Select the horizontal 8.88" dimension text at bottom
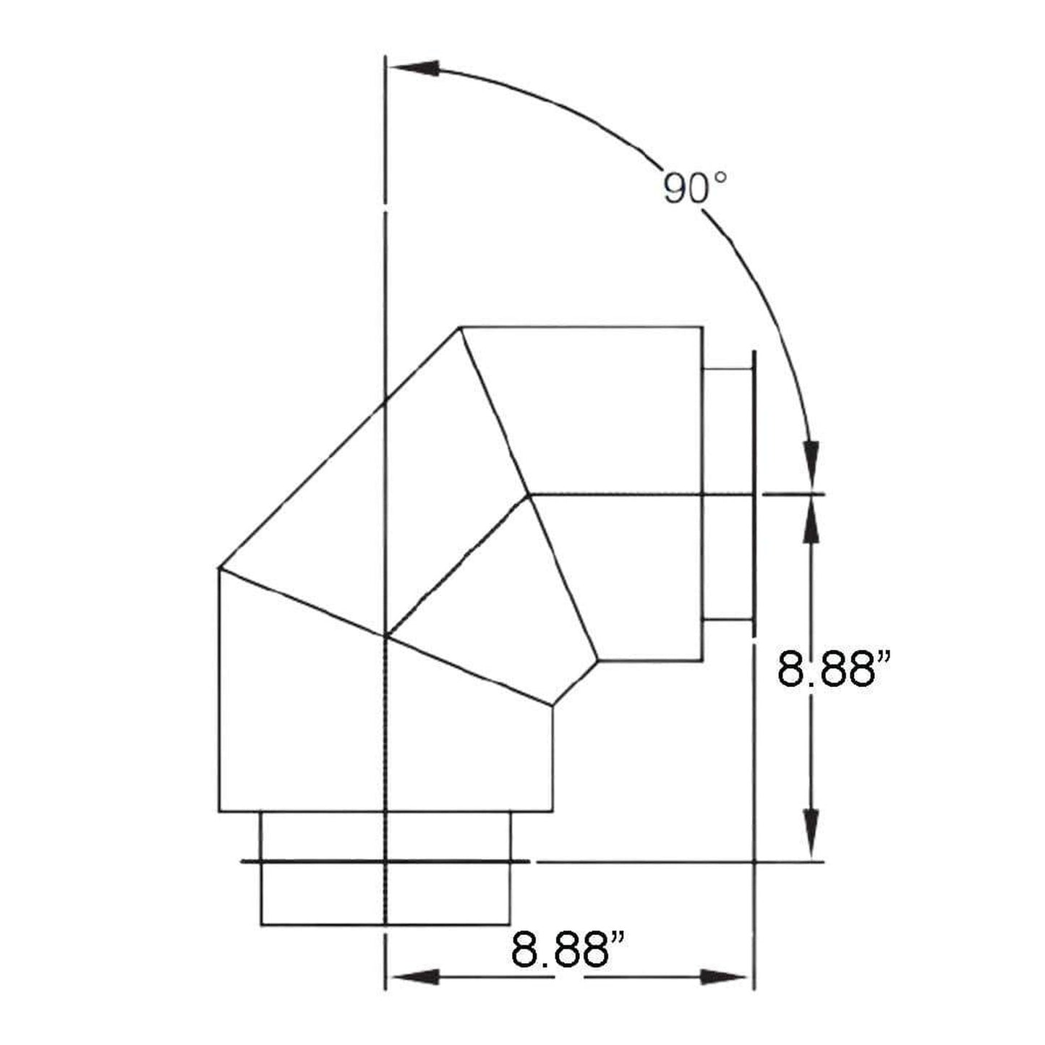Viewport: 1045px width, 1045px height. pos(568,950)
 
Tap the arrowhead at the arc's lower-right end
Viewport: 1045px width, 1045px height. pos(813,463)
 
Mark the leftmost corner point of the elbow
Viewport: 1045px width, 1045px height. pos(218,568)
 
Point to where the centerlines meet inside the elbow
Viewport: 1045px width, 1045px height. pos(388,637)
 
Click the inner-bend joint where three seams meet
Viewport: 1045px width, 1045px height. pos(530,495)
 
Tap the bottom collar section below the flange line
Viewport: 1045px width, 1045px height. pos(385,893)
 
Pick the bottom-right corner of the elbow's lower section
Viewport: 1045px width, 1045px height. pos(553,811)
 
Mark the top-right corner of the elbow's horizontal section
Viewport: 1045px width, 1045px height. pos(701,328)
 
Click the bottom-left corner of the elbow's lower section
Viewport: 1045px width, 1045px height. pos(218,811)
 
